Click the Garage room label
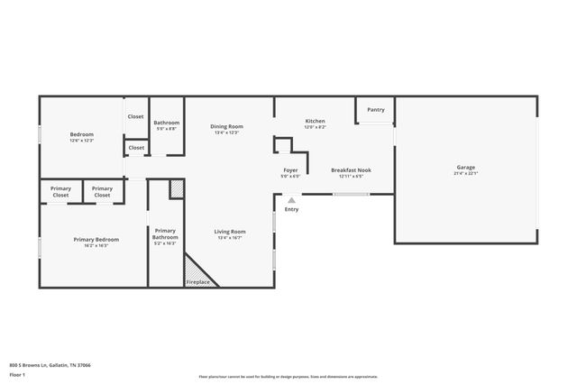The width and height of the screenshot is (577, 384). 465,167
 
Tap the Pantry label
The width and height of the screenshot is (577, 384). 376,110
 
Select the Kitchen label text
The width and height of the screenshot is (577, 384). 315,121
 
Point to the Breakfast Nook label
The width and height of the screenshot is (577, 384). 351,169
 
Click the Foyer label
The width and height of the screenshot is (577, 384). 290,169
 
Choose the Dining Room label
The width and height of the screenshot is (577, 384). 226,126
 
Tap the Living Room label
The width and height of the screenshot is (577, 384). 230,232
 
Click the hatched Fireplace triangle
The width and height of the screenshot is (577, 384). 196,270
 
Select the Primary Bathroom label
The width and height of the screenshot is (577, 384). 165,233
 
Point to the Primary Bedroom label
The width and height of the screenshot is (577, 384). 96,239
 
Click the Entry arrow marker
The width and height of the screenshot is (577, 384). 291,200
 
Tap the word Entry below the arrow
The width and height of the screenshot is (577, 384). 291,209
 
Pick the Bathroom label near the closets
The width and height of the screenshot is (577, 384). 166,123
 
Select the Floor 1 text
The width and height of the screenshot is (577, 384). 17,374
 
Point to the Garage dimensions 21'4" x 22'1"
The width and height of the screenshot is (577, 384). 465,173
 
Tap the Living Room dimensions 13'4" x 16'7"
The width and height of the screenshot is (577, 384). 230,238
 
